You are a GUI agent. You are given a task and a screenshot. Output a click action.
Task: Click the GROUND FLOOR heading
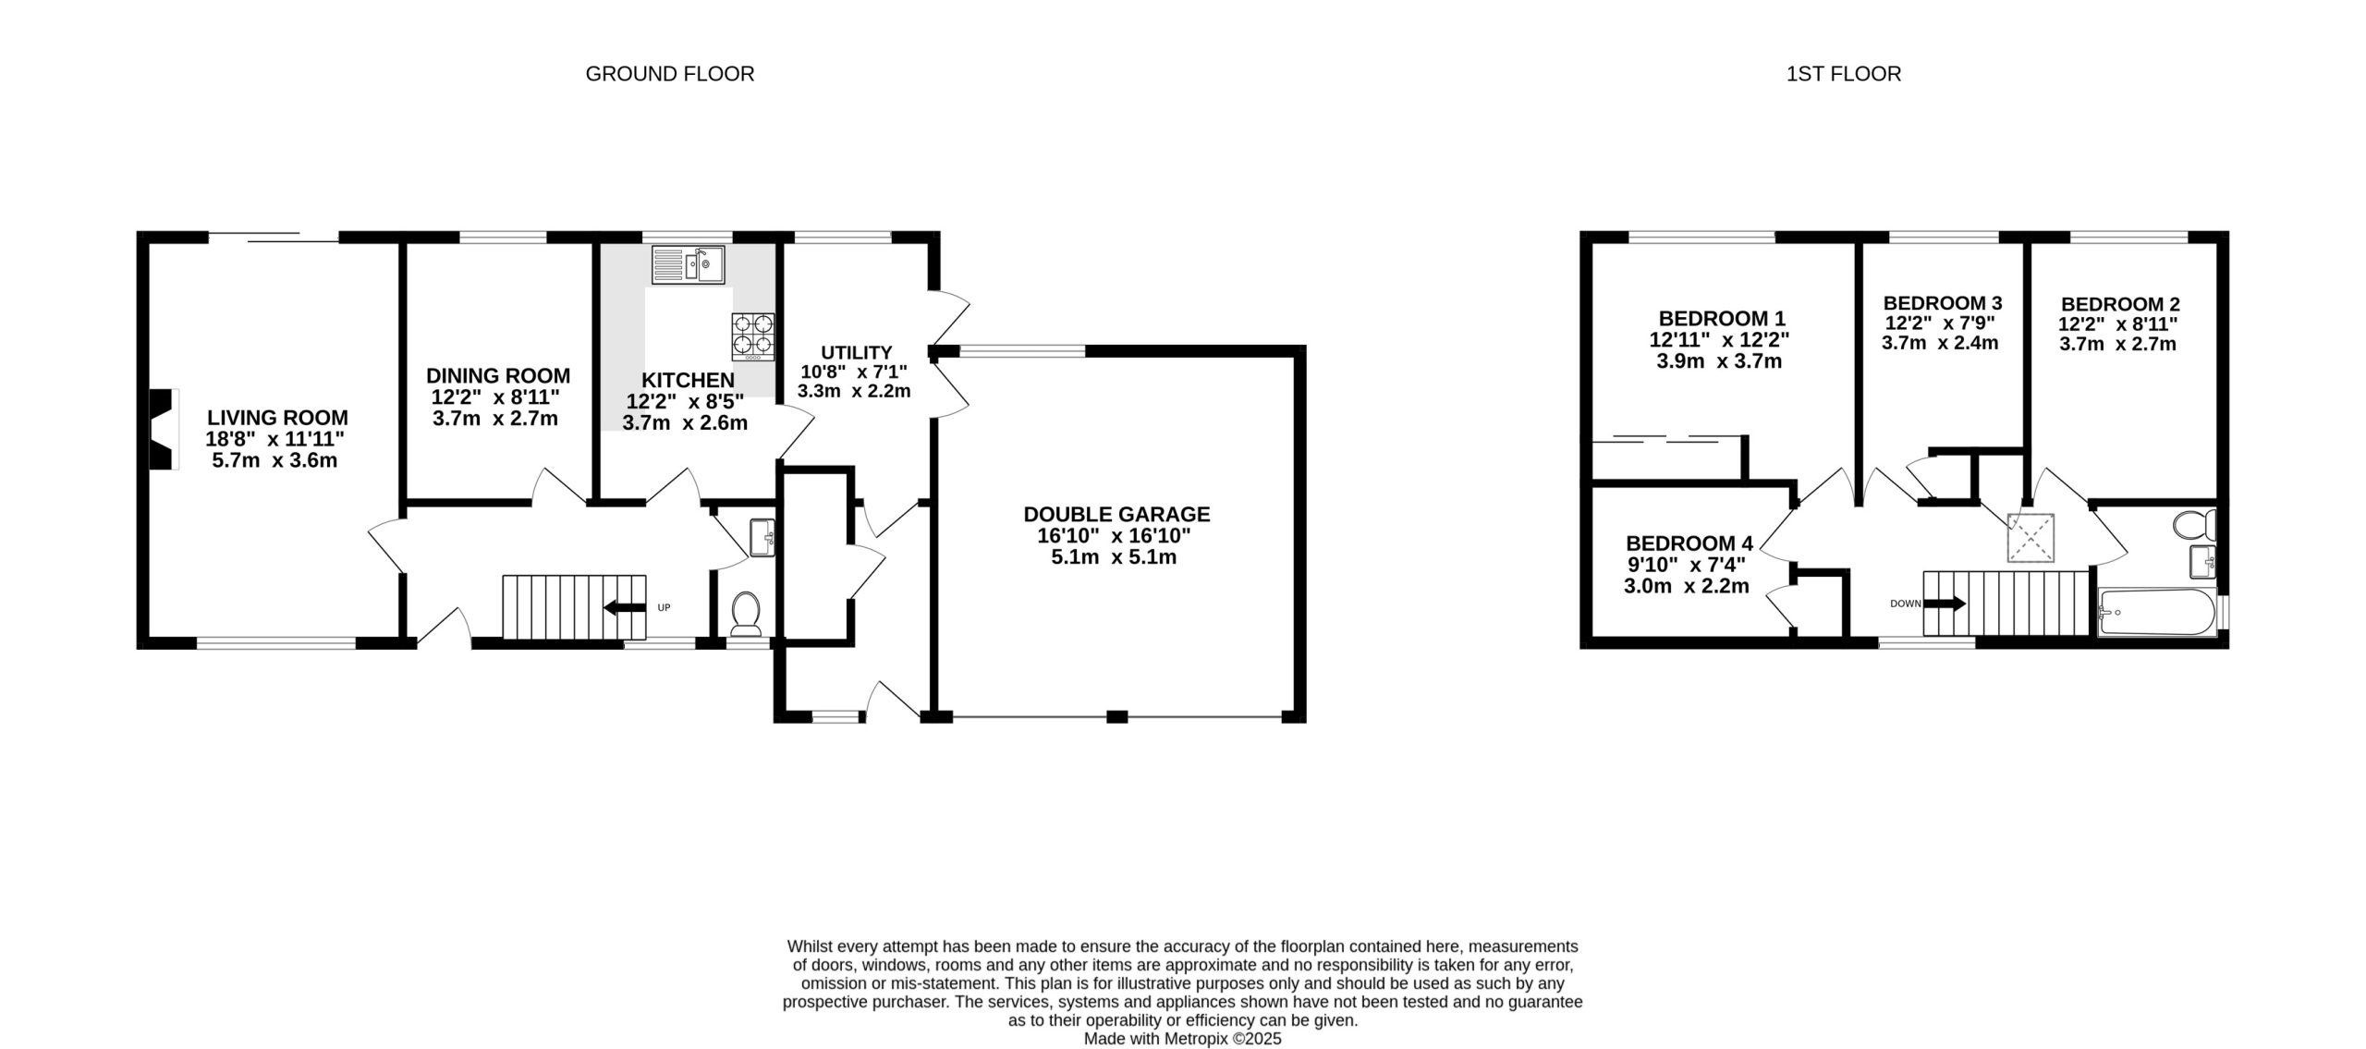tap(670, 74)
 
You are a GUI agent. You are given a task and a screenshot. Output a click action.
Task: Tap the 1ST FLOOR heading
tap(1844, 74)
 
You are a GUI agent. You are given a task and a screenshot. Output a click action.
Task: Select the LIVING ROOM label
tap(277, 418)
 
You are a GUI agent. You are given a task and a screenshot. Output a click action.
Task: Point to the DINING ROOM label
tap(498, 376)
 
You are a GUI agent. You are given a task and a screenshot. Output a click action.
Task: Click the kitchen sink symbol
tap(689, 264)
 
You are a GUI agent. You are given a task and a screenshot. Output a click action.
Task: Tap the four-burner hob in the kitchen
tap(753, 336)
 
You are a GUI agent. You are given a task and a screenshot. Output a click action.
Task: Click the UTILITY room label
tap(857, 352)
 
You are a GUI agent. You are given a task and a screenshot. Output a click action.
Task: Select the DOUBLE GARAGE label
tap(1116, 514)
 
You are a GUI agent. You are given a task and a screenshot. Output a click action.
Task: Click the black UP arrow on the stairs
tap(625, 607)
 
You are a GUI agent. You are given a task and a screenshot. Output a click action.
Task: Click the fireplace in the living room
tap(163, 430)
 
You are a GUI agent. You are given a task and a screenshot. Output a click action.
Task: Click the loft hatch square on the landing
tap(2031, 537)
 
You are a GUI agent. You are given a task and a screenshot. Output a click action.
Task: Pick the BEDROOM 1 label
tap(1720, 319)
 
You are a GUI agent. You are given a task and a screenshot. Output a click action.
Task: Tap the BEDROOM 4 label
tap(1689, 543)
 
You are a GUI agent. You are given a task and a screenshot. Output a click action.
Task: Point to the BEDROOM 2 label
tap(2120, 304)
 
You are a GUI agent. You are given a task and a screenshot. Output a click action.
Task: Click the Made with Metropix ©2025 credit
tap(1183, 1039)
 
